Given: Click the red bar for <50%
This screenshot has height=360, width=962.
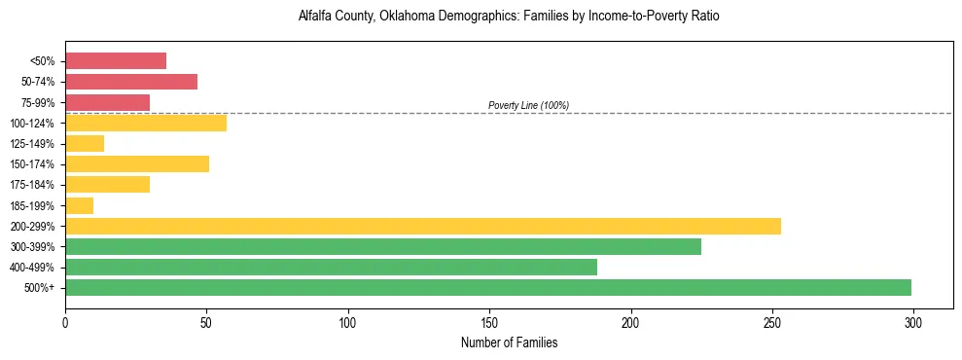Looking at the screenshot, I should point(116,61).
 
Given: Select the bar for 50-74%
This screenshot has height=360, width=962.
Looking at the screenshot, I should point(131,82).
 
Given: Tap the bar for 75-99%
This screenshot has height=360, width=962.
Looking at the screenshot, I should point(107,102).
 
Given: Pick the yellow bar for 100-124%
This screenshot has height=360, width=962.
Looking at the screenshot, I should point(146,123).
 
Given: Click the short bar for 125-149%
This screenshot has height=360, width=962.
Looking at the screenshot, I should point(85,143).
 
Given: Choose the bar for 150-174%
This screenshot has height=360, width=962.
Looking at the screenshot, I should point(137,163).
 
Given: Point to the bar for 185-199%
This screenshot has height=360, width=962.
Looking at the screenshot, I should point(80,205).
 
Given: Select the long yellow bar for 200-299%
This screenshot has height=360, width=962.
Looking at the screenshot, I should point(423,226).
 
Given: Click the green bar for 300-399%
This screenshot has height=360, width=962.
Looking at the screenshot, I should point(383,246).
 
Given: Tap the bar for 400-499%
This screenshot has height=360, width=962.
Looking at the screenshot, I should point(331,267).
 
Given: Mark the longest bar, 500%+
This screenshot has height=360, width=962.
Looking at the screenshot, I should point(488,287).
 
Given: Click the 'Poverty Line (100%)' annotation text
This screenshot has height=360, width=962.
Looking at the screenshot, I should point(528,105).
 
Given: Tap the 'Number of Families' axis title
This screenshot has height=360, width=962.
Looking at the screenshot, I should point(509,342).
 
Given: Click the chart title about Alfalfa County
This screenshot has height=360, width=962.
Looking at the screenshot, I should point(509,18).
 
